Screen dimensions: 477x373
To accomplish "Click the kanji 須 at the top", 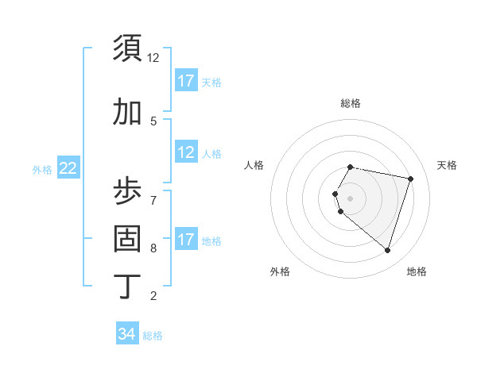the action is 127,49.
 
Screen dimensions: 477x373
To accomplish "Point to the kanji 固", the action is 127,238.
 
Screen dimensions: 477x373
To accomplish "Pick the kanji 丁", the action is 127,286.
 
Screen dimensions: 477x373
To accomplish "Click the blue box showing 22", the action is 68,168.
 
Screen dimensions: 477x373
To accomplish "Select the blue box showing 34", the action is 126,334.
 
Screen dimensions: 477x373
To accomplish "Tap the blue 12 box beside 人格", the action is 185,152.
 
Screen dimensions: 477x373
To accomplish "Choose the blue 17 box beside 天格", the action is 185,81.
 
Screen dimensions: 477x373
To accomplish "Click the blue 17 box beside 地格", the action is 185,240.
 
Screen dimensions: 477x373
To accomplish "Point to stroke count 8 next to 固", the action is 153,248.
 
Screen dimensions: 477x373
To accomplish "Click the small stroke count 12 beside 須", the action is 153,58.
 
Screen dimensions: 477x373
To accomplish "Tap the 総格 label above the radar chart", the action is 350,103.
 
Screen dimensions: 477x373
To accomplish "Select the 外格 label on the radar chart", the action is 280,271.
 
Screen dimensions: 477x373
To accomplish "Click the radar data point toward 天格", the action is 410,179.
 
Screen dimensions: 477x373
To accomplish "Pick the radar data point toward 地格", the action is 387,251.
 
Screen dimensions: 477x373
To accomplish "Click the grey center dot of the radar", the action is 350,198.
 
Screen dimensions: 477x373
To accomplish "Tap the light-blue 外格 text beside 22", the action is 42,169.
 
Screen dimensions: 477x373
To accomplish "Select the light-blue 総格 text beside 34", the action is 153,336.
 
